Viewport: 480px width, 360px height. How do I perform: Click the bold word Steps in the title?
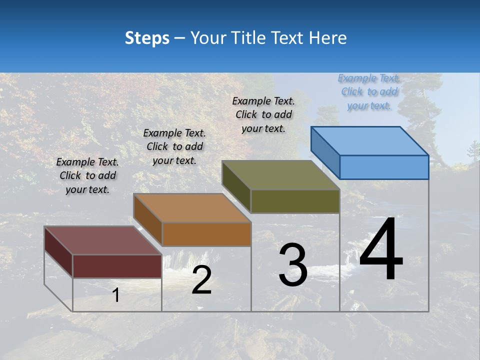click(x=147, y=38)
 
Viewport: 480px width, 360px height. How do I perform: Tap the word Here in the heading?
click(x=328, y=38)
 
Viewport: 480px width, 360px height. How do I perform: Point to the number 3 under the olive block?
click(x=293, y=265)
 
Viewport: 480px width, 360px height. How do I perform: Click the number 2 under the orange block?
click(x=201, y=280)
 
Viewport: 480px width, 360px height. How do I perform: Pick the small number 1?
click(x=116, y=295)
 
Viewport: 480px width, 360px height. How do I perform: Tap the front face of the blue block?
click(x=384, y=167)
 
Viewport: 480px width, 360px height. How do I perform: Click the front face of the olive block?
click(x=295, y=201)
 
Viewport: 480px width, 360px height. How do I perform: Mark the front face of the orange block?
click(x=206, y=234)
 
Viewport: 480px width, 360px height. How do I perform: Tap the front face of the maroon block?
click(x=117, y=266)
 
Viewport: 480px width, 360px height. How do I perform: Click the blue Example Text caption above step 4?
click(x=369, y=92)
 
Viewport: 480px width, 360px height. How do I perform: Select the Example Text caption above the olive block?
click(x=263, y=114)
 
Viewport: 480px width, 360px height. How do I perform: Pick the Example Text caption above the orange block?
click(x=174, y=146)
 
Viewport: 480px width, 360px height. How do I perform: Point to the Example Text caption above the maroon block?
click(x=87, y=175)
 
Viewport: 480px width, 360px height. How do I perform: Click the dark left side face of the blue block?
click(x=325, y=152)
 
